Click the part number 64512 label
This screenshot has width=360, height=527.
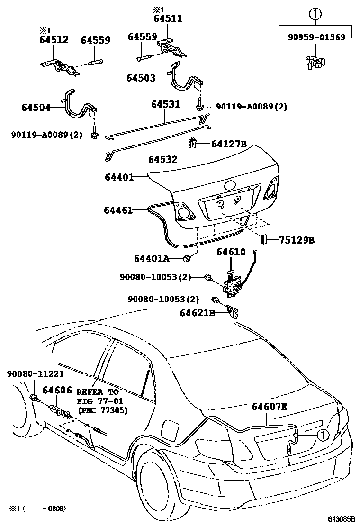pyautogui.click(x=54, y=40)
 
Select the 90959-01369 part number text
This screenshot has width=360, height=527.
pyautogui.click(x=316, y=37)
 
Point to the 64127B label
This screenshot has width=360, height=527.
pyautogui.click(x=229, y=144)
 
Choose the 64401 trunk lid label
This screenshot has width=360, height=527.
pyautogui.click(x=119, y=177)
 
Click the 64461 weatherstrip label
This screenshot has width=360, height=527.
pyautogui.click(x=118, y=210)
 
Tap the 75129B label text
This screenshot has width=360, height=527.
pyautogui.click(x=297, y=240)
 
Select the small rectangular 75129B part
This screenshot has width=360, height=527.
pyautogui.click(x=264, y=240)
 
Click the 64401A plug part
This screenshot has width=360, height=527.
pyautogui.click(x=187, y=258)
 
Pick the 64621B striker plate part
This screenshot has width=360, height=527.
pyautogui.click(x=234, y=311)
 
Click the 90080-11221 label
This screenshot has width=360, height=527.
pyautogui.click(x=35, y=373)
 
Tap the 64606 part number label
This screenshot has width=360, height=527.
pyautogui.click(x=57, y=390)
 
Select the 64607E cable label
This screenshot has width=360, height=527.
pyautogui.click(x=270, y=407)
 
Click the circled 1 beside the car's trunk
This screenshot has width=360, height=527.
pyautogui.click(x=323, y=435)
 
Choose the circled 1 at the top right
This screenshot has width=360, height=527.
pyautogui.click(x=315, y=14)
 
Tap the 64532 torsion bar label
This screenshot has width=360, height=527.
pyautogui.click(x=163, y=159)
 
